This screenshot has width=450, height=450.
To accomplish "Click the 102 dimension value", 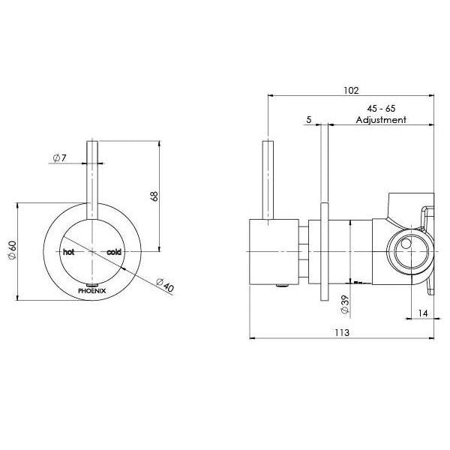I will pyautogui.click(x=349, y=90).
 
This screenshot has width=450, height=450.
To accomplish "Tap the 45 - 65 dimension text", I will pyautogui.click(x=380, y=108).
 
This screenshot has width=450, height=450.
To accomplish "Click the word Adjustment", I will pyautogui.click(x=381, y=120).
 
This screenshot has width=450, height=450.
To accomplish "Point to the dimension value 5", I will pyautogui.click(x=308, y=120).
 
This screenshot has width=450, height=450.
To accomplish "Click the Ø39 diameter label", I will pyautogui.click(x=343, y=303).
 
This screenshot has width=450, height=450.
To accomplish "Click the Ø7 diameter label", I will pyautogui.click(x=60, y=157).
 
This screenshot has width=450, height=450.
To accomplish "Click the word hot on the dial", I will pyautogui.click(x=69, y=252).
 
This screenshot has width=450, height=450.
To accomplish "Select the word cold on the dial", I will pyautogui.click(x=114, y=252).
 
